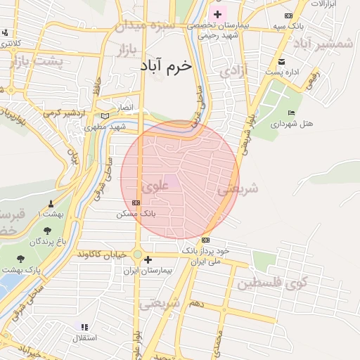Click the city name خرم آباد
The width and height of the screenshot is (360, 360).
[x=166, y=65]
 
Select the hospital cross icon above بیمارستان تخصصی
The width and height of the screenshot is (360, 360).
[x=217, y=14]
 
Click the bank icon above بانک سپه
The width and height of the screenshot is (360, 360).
[x=288, y=15]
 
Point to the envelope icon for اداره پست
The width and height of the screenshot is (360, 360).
[x=282, y=61]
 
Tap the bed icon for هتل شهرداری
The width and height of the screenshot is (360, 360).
[x=292, y=112]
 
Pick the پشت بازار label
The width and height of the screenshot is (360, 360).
[x=37, y=61]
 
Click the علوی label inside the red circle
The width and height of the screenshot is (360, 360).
[x=155, y=187]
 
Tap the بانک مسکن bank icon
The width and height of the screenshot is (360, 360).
[x=136, y=202]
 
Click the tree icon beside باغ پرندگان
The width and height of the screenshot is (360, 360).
[x=47, y=231]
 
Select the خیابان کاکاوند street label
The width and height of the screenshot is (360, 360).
[x=103, y=252]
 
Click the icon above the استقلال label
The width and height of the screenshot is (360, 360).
[x=84, y=327]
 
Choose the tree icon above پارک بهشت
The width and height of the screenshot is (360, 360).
[x=20, y=259]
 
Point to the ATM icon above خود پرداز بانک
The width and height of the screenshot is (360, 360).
[x=205, y=240]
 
